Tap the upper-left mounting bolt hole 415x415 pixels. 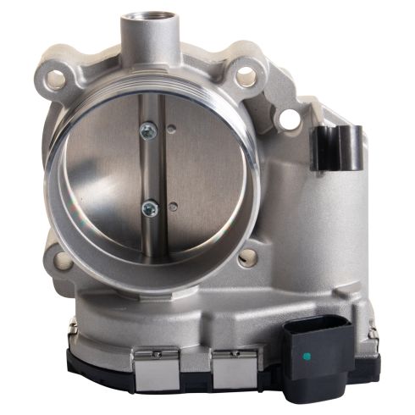(57, 80)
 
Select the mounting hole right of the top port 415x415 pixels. (245, 77)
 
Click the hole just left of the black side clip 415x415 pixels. (289, 119)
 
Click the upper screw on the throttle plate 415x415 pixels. (148, 130)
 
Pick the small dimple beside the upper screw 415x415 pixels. (172, 130)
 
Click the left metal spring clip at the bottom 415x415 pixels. (154, 364)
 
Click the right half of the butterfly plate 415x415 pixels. (203, 169)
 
